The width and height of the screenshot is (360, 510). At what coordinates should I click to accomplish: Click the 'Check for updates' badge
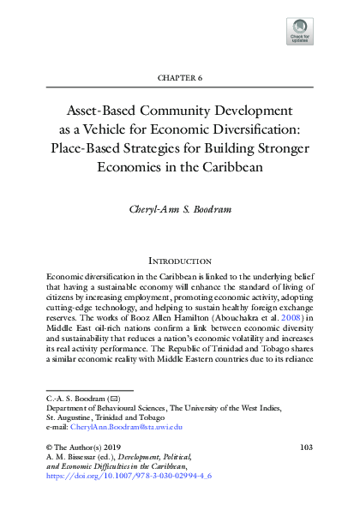(x=300, y=32)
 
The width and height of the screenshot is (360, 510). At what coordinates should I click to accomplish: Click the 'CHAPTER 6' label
(x=180, y=77)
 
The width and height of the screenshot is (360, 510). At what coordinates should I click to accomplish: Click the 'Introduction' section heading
(x=180, y=261)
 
